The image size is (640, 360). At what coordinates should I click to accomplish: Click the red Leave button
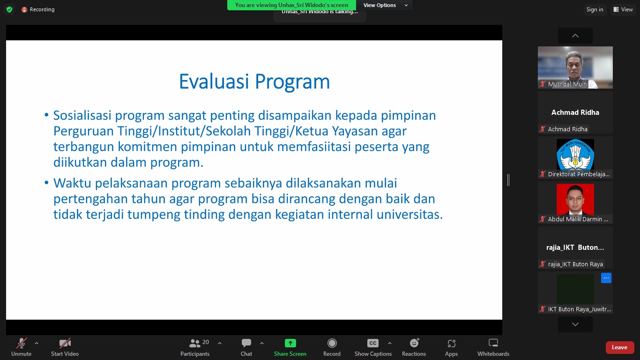[619, 347]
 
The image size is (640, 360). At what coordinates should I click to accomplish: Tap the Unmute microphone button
[21, 347]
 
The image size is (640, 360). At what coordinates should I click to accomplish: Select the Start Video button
[65, 347]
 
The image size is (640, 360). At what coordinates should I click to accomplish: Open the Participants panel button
[195, 347]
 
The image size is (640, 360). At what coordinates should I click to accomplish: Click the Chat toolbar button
[246, 347]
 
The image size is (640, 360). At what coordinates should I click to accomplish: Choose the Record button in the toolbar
[332, 347]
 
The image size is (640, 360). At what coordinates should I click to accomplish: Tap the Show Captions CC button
[373, 347]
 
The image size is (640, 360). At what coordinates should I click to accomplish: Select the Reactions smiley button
[414, 347]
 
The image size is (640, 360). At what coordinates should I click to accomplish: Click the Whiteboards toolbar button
[493, 347]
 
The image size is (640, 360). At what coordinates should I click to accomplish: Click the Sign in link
[595, 9]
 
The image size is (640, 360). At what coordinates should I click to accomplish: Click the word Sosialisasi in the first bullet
[82, 115]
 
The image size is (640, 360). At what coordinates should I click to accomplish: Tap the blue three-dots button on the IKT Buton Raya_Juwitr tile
[606, 278]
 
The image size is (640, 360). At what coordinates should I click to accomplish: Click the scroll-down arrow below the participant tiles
[575, 324]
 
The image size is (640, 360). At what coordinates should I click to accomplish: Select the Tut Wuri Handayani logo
[575, 155]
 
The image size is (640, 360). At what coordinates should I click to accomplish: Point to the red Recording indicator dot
[24, 10]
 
